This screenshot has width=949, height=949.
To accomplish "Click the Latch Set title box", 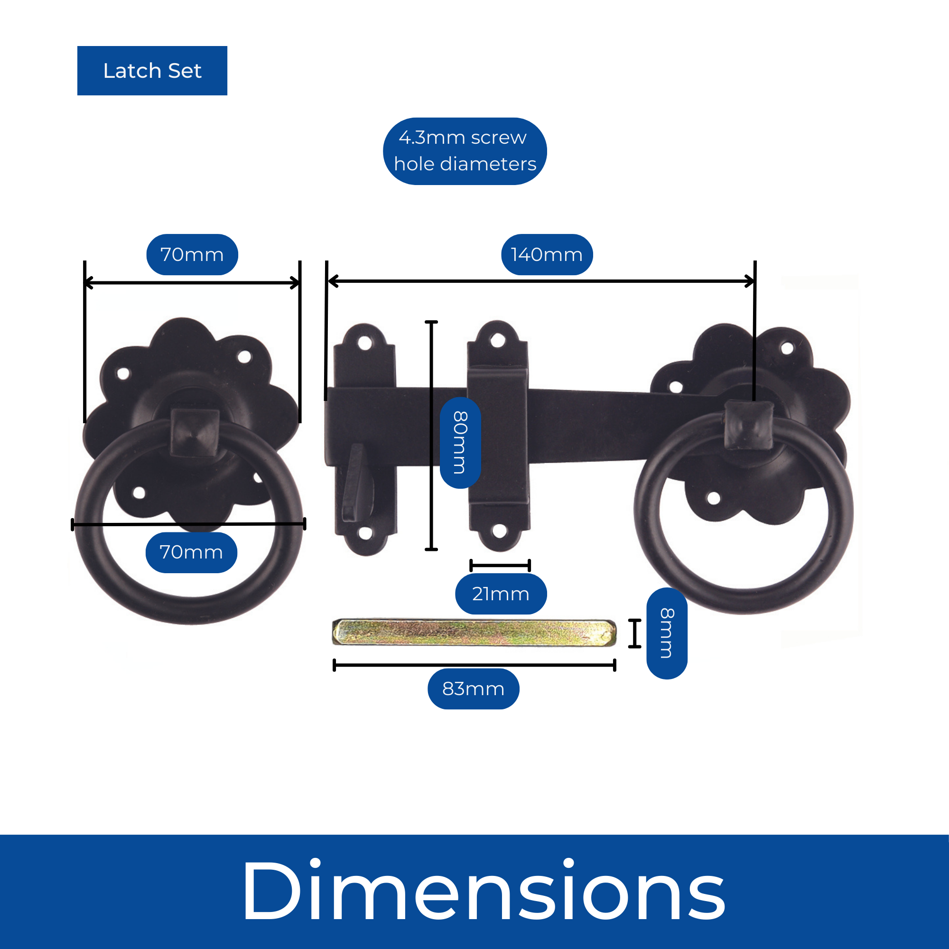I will (x=152, y=71).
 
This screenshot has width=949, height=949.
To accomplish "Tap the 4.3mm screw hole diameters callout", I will (x=465, y=151).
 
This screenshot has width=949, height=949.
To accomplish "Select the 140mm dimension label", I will (x=547, y=254).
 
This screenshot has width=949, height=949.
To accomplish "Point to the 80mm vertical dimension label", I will (x=460, y=443).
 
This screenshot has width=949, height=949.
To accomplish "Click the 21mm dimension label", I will (x=501, y=594).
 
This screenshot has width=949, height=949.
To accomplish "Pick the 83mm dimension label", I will (x=473, y=688).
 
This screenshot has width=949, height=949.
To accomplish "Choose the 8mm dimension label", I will (x=667, y=633).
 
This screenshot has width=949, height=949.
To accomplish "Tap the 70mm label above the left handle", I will (x=192, y=254).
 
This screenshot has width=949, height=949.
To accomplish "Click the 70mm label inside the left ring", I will (x=191, y=552).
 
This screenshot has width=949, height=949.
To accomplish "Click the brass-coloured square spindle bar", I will (x=474, y=632).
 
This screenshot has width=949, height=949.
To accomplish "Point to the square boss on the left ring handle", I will (x=195, y=432).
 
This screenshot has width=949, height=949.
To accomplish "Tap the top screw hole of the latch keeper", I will (x=498, y=340).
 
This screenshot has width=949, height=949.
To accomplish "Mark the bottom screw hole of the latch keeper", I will (x=499, y=530).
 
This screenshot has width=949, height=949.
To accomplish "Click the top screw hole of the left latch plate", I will (x=364, y=343).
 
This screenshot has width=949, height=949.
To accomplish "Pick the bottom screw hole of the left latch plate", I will (x=365, y=533).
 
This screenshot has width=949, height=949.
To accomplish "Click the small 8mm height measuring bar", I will (x=634, y=633).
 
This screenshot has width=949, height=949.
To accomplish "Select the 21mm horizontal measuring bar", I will (x=500, y=566).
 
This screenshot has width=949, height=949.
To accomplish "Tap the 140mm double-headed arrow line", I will (x=540, y=281).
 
